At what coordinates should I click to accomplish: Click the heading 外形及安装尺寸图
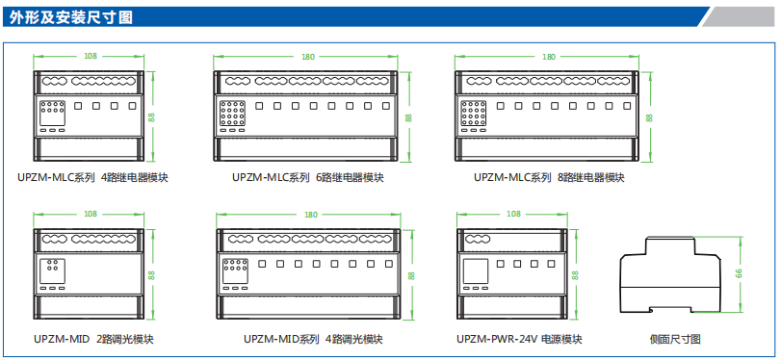click(x=70, y=17)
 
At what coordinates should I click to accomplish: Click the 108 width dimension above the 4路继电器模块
click(x=91, y=56)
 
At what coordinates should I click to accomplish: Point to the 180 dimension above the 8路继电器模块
click(x=548, y=56)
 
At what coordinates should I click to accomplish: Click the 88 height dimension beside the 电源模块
click(x=575, y=275)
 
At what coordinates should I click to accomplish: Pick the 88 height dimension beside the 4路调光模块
click(x=411, y=275)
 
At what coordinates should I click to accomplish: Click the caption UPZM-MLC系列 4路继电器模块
click(x=92, y=177)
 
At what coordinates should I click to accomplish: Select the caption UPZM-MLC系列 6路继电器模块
click(x=308, y=177)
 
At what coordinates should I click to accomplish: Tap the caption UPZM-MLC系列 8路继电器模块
click(x=549, y=177)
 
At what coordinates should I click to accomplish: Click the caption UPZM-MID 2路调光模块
click(x=93, y=340)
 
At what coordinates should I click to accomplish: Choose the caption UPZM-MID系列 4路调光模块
click(x=313, y=340)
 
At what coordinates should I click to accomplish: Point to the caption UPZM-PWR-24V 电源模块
click(x=519, y=340)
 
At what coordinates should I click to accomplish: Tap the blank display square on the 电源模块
click(x=475, y=271)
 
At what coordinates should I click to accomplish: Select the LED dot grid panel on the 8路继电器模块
click(x=472, y=113)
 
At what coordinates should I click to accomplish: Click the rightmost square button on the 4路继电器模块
click(x=132, y=106)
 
